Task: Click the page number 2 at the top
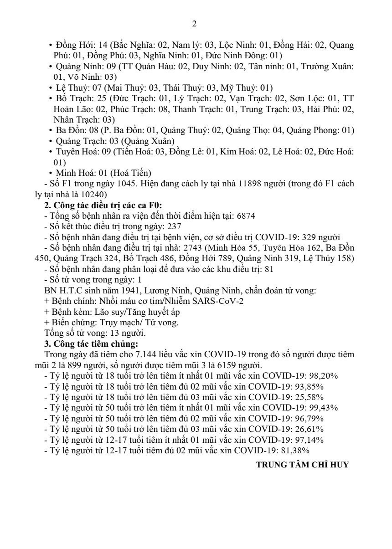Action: (x=195, y=24)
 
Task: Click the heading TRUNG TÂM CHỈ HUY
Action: (x=302, y=465)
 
